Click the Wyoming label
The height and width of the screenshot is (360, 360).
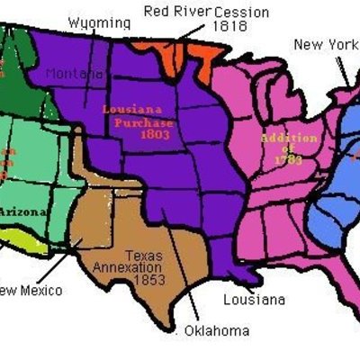(x=97, y=21)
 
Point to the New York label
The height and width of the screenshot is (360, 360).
(x=325, y=44)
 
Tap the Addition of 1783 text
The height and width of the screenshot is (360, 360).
(x=288, y=148)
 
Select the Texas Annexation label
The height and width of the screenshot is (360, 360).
(x=144, y=262)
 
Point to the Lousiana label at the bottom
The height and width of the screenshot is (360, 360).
(x=254, y=299)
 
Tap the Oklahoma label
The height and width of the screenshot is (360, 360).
(x=216, y=330)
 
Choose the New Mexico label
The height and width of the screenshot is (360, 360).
(x=30, y=290)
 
